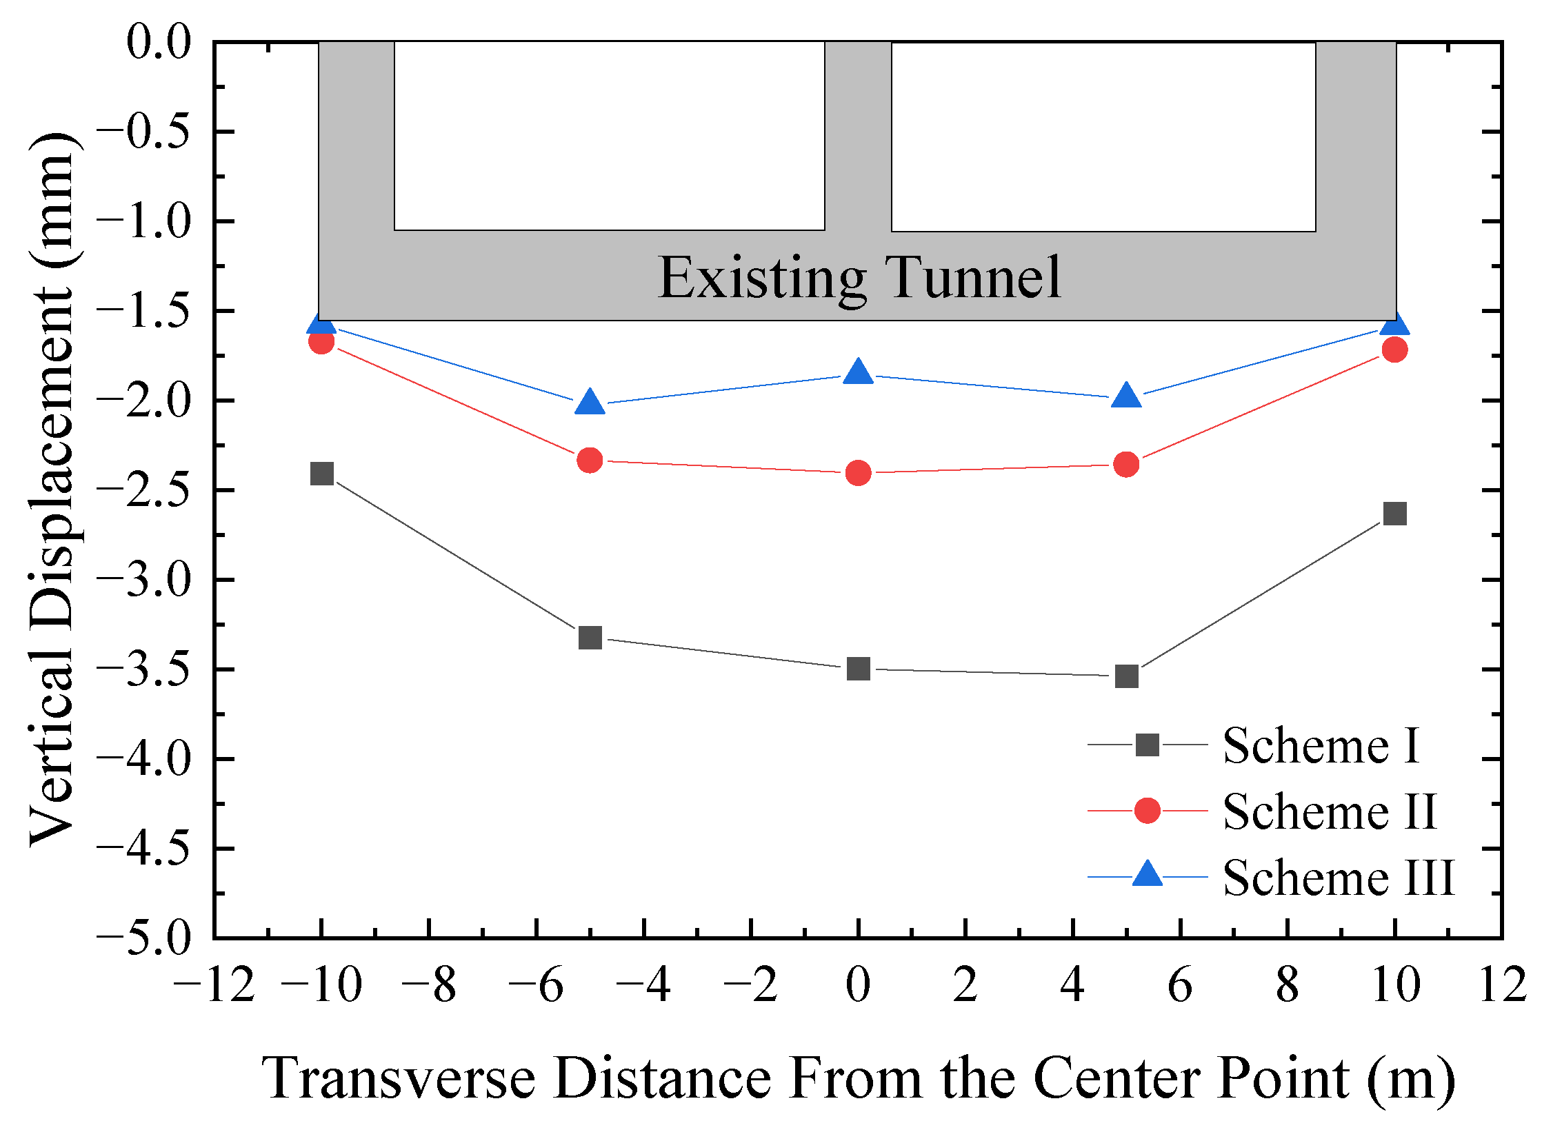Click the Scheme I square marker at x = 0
pos(858,668)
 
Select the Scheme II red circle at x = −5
pos(590,460)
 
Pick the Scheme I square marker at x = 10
pos(1394,514)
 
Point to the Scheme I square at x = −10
pos(322,474)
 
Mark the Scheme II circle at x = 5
pos(1126,465)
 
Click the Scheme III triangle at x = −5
pos(590,402)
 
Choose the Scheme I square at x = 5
pos(1126,676)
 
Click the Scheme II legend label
pos(1330,811)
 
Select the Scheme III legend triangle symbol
pos(1148,874)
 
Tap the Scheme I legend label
pos(1321,746)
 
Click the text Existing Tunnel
pos(859,277)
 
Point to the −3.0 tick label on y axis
pos(143,580)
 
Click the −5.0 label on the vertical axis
pos(143,938)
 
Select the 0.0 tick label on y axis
pos(159,42)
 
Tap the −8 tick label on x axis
pos(428,984)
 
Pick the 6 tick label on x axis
pos(1180,984)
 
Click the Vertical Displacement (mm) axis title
pos(52,489)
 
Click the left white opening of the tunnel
pos(609,135)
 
